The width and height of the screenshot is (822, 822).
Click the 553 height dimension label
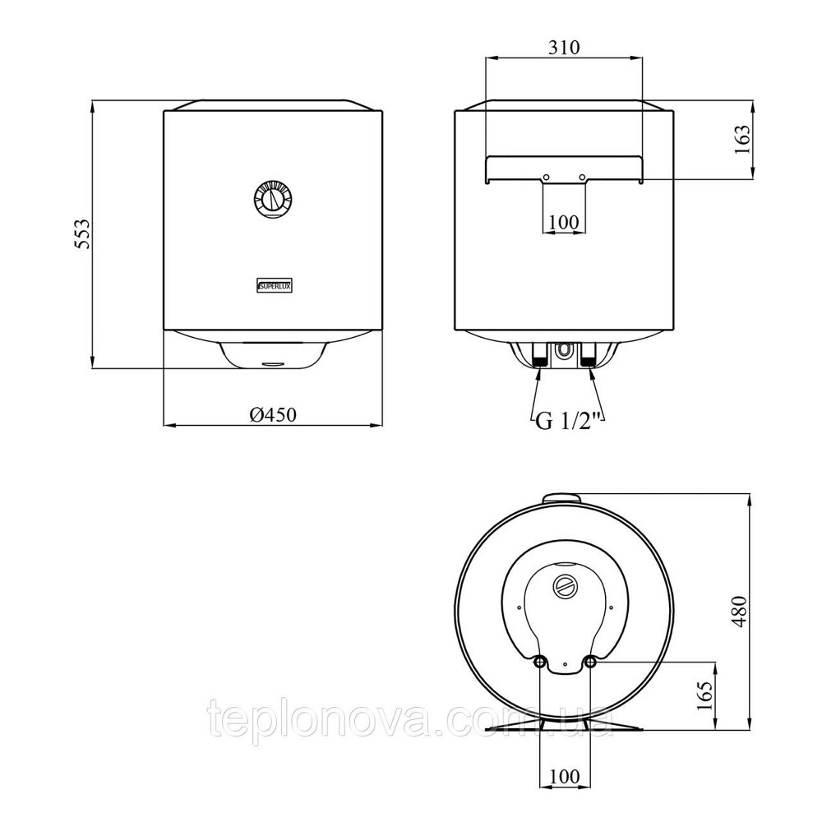tap(81, 233)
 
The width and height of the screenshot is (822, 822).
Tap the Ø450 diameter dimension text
tap(273, 415)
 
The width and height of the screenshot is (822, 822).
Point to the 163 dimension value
tap(742, 139)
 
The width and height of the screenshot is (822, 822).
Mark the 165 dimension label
tap(705, 695)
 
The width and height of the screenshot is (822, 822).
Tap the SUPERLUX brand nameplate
tap(275, 285)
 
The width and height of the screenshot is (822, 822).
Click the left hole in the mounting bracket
tap(546, 178)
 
